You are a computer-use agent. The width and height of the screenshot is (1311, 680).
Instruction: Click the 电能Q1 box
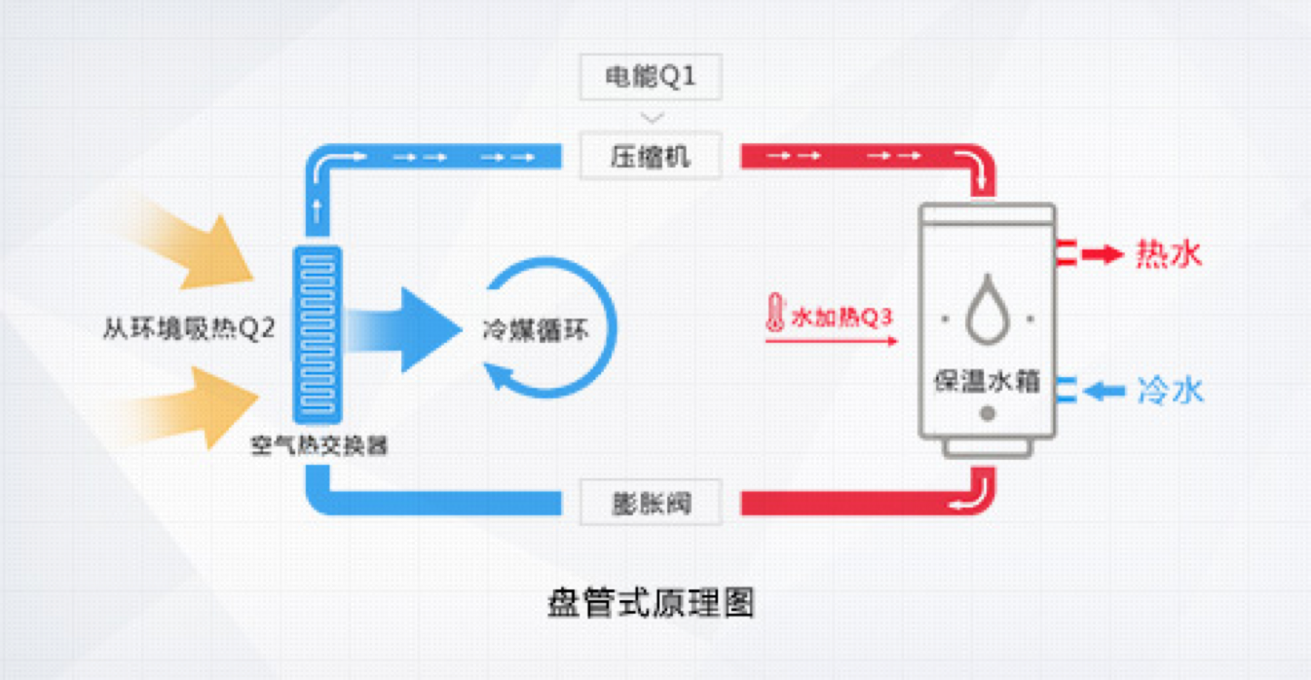651,77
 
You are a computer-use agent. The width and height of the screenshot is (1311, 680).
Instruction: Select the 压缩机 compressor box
651,156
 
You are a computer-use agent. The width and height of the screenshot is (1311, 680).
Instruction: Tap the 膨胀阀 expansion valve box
651,503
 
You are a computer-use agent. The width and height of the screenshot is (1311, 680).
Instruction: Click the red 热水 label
1169,254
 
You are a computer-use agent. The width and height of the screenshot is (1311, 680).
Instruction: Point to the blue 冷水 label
1170,391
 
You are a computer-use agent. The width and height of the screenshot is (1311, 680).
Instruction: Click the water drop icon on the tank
987,309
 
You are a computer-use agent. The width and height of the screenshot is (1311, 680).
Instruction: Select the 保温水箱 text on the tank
987,380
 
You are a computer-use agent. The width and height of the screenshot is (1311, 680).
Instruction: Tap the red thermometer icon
775,314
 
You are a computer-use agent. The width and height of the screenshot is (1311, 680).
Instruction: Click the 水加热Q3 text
843,317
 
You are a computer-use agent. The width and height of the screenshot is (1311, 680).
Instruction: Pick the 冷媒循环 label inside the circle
536,329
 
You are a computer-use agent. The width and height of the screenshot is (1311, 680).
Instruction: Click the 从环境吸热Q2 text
189,328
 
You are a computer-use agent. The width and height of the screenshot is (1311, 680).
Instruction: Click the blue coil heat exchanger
318,334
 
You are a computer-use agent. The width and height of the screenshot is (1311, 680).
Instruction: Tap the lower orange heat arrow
200,406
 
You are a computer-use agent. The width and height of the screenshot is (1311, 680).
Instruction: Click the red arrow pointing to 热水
1103,255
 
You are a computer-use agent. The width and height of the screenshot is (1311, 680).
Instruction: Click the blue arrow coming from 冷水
1105,392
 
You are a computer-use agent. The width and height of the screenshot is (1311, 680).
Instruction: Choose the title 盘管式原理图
651,604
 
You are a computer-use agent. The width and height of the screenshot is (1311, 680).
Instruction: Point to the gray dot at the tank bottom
988,413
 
